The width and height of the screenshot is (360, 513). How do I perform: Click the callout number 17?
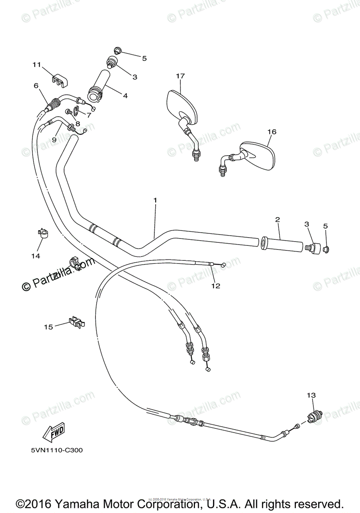(180, 76)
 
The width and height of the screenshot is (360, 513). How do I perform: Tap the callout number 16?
(272, 132)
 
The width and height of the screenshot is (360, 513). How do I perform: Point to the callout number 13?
(311, 395)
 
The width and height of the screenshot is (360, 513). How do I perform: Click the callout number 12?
(216, 286)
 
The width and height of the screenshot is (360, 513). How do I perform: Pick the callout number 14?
(35, 256)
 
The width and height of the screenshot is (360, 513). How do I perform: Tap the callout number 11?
(36, 65)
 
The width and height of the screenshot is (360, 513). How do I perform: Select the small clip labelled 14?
(43, 233)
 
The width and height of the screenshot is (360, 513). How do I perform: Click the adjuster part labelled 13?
(315, 415)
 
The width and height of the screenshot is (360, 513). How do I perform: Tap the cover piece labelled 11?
(60, 80)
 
